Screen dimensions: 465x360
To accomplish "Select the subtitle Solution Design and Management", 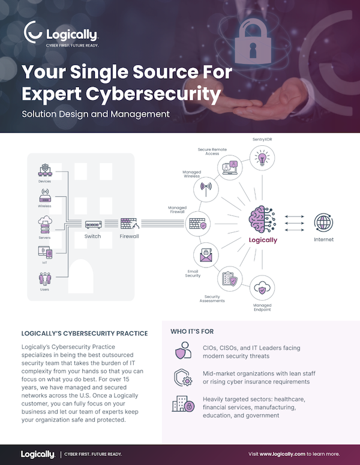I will tap(95, 113).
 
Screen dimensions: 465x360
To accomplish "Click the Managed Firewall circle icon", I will tap(198, 224).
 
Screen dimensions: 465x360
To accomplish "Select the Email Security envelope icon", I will tap(205, 256).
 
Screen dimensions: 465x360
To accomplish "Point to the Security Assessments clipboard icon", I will tap(230, 280).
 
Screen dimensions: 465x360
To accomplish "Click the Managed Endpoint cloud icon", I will tap(262, 288).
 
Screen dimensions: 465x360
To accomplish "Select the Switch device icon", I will tap(92, 224).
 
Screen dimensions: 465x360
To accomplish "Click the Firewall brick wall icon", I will tap(129, 224).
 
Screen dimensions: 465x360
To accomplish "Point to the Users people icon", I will tap(45, 279).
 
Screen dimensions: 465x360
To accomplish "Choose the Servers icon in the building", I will tap(45, 226).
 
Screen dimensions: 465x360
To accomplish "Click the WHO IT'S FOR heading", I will tap(192, 331).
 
